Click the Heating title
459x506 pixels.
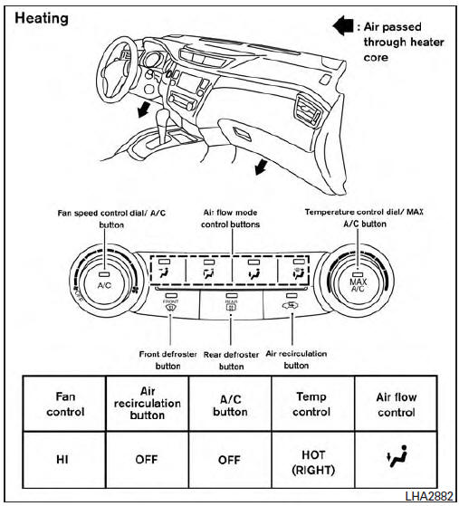[x=43, y=18]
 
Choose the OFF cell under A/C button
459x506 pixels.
[x=228, y=459]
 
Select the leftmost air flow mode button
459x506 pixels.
[x=167, y=270]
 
